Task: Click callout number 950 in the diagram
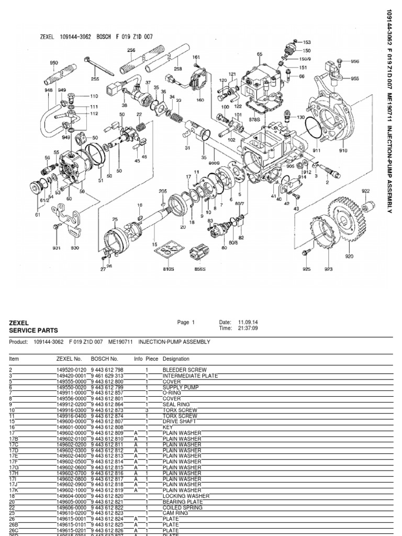pos(54,62)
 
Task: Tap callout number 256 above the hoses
pos(131,50)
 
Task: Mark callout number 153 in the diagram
pos(307,42)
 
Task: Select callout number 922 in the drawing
pos(365,191)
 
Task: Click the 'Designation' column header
pos(176,359)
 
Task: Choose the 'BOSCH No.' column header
pos(104,359)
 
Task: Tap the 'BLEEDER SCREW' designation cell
pos(181,370)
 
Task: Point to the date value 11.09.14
pos(248,322)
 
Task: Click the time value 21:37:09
pos(247,329)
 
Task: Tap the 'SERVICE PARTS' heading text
pos(33,331)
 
